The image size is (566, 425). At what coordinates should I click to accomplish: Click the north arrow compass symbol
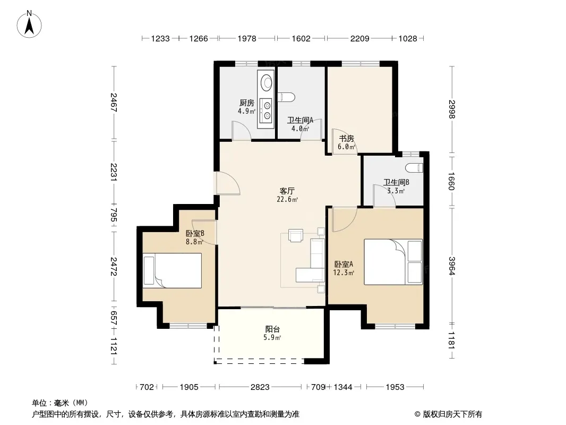tap(29, 24)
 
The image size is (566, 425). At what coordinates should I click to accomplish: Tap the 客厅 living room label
tap(287, 191)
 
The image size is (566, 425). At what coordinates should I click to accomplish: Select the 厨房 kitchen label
tap(246, 103)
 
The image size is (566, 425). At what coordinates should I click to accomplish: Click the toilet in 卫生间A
tap(287, 97)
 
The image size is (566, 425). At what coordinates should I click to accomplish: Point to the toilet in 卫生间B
tap(414, 167)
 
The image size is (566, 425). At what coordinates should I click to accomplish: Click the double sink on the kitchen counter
tap(267, 110)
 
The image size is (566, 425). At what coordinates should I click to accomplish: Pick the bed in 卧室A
tap(393, 262)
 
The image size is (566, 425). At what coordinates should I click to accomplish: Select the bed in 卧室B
tap(172, 270)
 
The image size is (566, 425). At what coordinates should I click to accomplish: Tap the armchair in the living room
tap(296, 235)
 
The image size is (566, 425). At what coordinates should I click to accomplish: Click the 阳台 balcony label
tap(272, 329)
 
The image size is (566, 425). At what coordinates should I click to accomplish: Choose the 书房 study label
tap(347, 138)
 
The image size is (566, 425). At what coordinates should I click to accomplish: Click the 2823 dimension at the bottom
tap(260, 387)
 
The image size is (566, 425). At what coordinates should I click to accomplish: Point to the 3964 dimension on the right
tap(452, 266)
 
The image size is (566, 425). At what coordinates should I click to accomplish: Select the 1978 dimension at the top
tap(247, 38)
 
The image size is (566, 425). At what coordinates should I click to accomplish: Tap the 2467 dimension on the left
tap(114, 103)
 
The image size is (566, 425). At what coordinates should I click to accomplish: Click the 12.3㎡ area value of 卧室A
tap(344, 273)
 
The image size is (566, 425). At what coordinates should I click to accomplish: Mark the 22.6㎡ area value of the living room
tap(287, 199)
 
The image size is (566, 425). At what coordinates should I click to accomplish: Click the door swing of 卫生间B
tap(384, 196)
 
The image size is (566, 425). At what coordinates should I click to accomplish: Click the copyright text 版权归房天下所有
tap(452, 414)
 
